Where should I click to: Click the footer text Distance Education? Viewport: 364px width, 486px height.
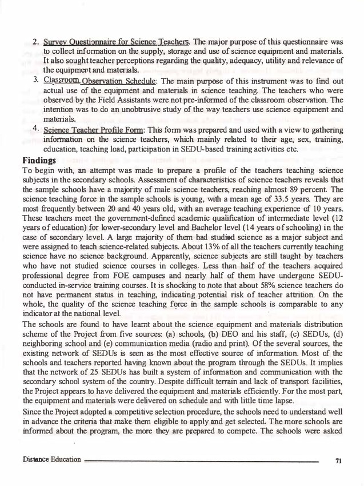(x=51, y=460)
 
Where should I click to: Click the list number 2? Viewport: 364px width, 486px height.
(x=35, y=42)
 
